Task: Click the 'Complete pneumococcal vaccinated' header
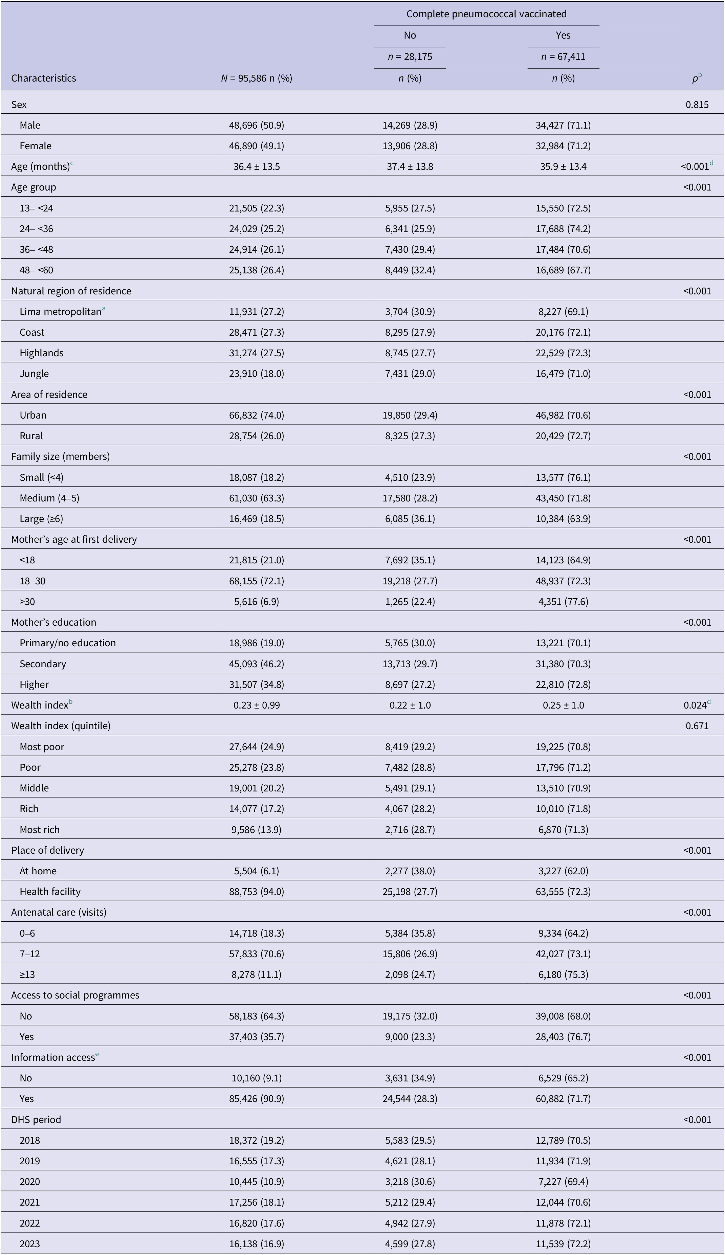(486, 14)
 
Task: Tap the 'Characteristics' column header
(44, 78)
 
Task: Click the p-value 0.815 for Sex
(697, 105)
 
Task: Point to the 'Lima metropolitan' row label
(61, 312)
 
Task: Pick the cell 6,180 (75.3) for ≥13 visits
(563, 975)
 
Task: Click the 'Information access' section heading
(53, 1057)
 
